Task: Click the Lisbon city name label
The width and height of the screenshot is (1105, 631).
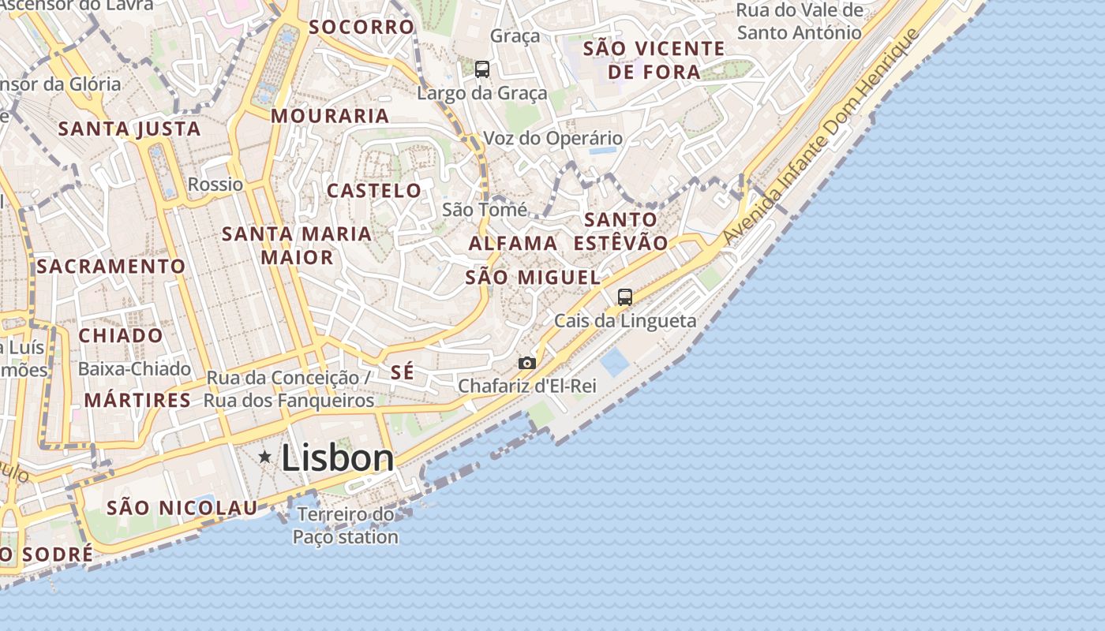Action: coord(337,458)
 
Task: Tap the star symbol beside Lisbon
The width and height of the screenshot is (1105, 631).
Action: coord(264,457)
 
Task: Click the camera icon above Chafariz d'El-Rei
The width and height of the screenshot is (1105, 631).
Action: coord(527,363)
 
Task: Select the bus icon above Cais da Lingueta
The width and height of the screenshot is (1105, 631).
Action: coord(625,297)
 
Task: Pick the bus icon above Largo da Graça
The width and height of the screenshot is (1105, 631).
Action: coord(482,69)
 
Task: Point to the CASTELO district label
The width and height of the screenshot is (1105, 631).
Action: coord(374,191)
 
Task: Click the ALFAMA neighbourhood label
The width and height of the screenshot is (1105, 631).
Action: coord(513,244)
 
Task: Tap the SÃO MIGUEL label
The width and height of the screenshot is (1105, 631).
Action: coord(533,278)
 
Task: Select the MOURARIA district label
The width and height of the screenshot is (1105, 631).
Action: coord(330,116)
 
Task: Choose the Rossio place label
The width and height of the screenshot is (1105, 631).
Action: coord(215,185)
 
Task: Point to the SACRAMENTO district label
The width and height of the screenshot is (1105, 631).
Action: coord(110,267)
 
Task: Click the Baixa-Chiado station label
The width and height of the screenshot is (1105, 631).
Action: coord(134,369)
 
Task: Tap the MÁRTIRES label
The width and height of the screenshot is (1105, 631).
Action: coord(137,400)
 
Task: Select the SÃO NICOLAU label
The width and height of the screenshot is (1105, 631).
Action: coord(182,508)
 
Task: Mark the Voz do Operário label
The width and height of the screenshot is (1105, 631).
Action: coord(552,139)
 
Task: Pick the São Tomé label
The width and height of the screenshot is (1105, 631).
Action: coord(485,210)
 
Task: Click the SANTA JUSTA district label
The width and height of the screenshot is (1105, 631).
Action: coord(129,129)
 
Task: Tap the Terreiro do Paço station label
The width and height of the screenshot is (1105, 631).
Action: coord(346,526)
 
